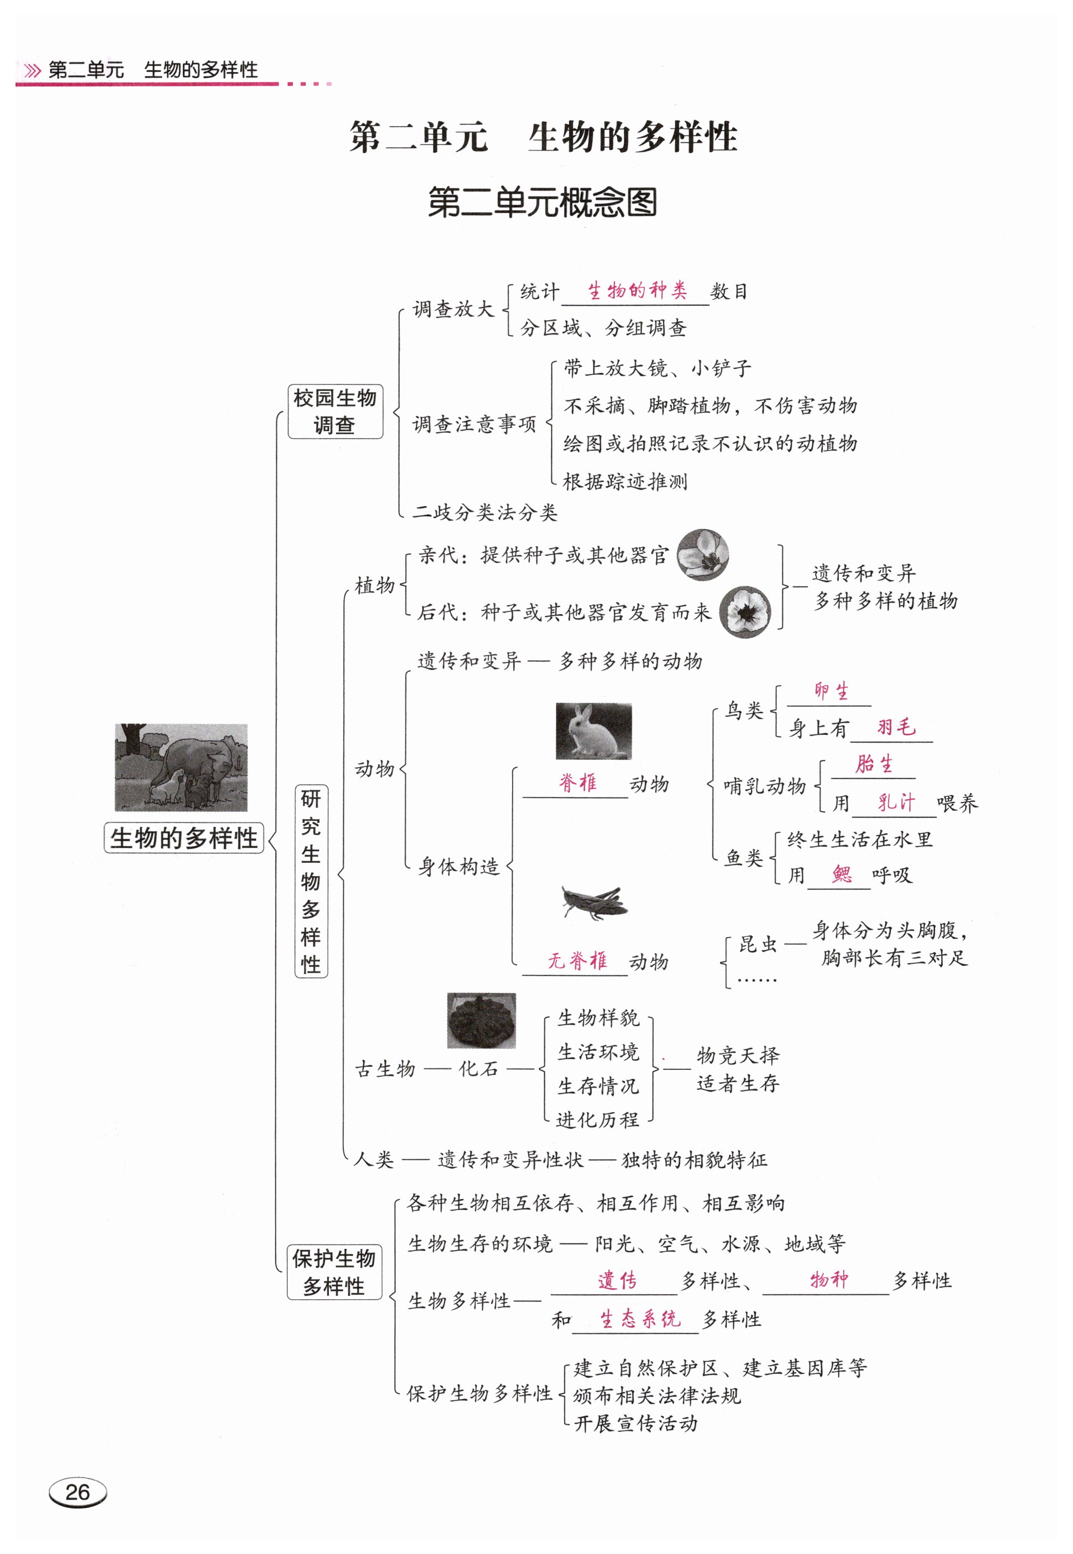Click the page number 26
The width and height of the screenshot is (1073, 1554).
point(78,1492)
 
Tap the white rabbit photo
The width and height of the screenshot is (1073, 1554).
point(593,731)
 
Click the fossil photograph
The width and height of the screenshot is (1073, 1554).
point(481,1020)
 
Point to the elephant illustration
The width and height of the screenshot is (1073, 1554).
point(181,766)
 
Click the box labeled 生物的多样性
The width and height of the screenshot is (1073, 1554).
point(184,838)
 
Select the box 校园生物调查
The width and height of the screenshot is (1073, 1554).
point(335,411)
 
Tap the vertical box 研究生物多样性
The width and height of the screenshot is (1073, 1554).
point(311,881)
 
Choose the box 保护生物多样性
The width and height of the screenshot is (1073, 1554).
point(334,1272)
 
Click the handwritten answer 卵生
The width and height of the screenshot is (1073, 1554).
point(831,691)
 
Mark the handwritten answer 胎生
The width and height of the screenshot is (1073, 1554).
point(874,764)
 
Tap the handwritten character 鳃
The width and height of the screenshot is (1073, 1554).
point(841,874)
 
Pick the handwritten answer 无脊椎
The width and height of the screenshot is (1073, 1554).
point(577,960)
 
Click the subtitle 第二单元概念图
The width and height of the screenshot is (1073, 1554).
point(542,202)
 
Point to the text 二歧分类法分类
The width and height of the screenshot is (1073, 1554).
point(485,512)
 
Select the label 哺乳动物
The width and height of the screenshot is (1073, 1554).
point(765,785)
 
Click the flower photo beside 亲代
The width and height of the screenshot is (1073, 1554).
point(702,555)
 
